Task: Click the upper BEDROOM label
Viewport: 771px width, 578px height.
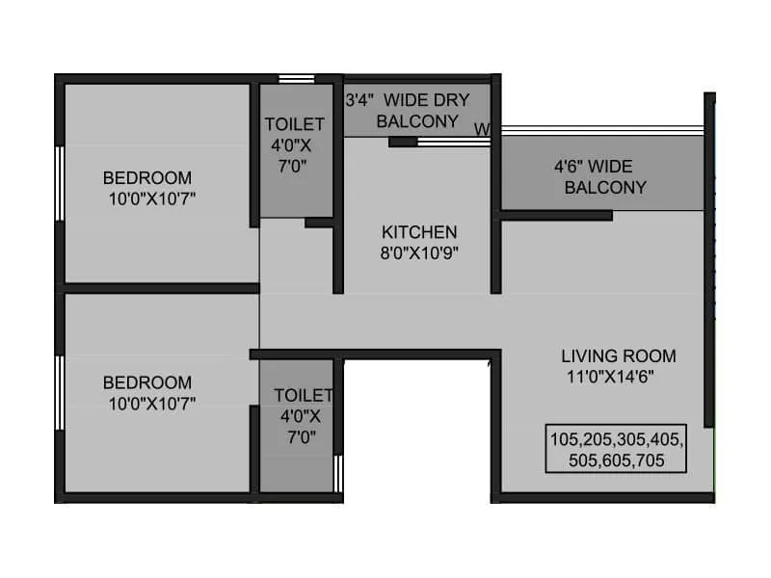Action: pos(147,177)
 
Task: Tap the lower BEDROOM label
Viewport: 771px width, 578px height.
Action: pos(147,382)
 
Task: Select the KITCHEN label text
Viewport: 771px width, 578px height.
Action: pos(419,232)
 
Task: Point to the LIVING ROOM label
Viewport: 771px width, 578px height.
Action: pos(619,355)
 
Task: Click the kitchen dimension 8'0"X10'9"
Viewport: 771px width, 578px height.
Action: pos(419,253)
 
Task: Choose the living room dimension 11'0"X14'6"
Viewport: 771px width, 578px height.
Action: pos(610,378)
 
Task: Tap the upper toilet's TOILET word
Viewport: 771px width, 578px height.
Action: pos(295,124)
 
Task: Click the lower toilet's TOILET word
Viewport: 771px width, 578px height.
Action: pos(303,396)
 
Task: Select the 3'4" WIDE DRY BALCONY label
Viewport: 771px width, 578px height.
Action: pos(415,110)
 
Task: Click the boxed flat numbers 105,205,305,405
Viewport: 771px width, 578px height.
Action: pos(616,438)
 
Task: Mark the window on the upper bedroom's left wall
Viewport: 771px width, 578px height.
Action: pos(60,183)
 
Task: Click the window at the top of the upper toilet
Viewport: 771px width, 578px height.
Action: pos(296,78)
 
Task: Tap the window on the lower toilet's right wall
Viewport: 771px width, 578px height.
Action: pos(338,473)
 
